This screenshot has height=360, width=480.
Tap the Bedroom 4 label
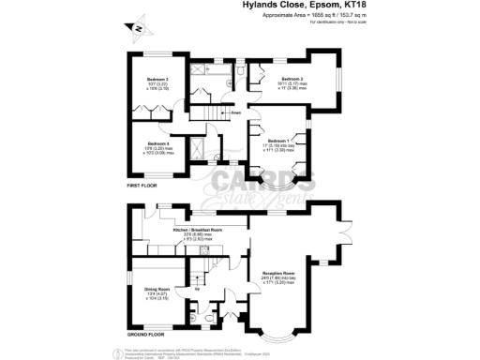pyautogui.click(x=157, y=142)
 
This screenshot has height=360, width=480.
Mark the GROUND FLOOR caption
pyautogui.click(x=147, y=334)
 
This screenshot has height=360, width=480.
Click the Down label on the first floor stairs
pyautogui.click(x=238, y=112)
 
